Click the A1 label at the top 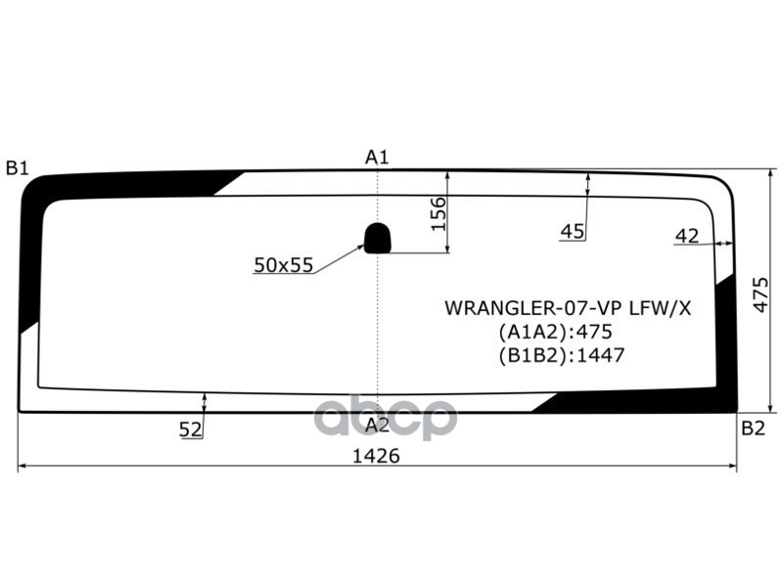tap(378, 157)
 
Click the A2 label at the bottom tap(378, 425)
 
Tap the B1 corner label tap(17, 167)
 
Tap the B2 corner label tap(753, 428)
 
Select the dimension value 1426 tap(377, 456)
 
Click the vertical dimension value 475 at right tap(761, 294)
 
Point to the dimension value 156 tap(438, 213)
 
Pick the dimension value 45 tap(573, 231)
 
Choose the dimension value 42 tap(687, 235)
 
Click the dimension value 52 tap(190, 429)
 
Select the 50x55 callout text tap(283, 264)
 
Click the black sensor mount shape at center tap(378, 237)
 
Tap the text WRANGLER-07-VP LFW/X tap(568, 308)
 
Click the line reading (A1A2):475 tap(554, 332)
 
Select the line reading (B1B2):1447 tap(561, 355)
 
